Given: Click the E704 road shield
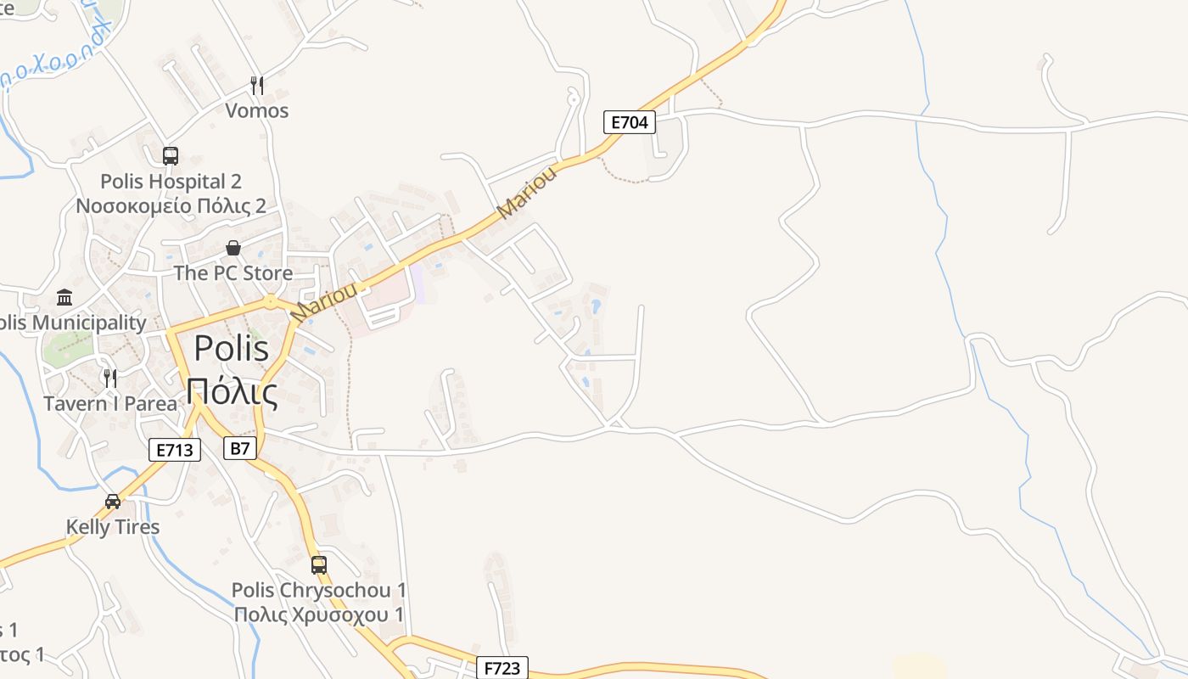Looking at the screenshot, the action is click(x=630, y=122).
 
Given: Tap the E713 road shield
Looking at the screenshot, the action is click(x=175, y=450).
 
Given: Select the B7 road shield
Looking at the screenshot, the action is click(x=240, y=448).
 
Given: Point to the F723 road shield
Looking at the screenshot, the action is click(x=502, y=668).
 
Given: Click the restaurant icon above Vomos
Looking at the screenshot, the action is click(x=257, y=85).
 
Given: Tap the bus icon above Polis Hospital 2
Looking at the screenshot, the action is click(x=171, y=155).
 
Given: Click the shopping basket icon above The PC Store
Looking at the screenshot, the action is click(x=233, y=248).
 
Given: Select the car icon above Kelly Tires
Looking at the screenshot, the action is click(x=113, y=501).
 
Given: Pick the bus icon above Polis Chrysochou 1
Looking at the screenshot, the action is click(x=319, y=564).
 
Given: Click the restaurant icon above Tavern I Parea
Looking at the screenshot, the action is click(x=110, y=378).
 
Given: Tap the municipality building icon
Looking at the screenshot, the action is click(x=64, y=297).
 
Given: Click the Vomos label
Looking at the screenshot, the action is click(x=257, y=110).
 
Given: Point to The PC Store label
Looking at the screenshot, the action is click(x=233, y=273).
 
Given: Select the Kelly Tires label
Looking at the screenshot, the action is click(x=113, y=527).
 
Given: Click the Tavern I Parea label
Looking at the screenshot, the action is click(x=110, y=403).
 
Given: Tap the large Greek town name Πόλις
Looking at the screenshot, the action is click(x=232, y=392).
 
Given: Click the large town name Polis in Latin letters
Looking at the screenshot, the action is click(x=232, y=348).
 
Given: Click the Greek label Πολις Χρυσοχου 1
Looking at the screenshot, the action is click(x=319, y=614).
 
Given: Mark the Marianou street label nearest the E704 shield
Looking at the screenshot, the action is click(x=527, y=192).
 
